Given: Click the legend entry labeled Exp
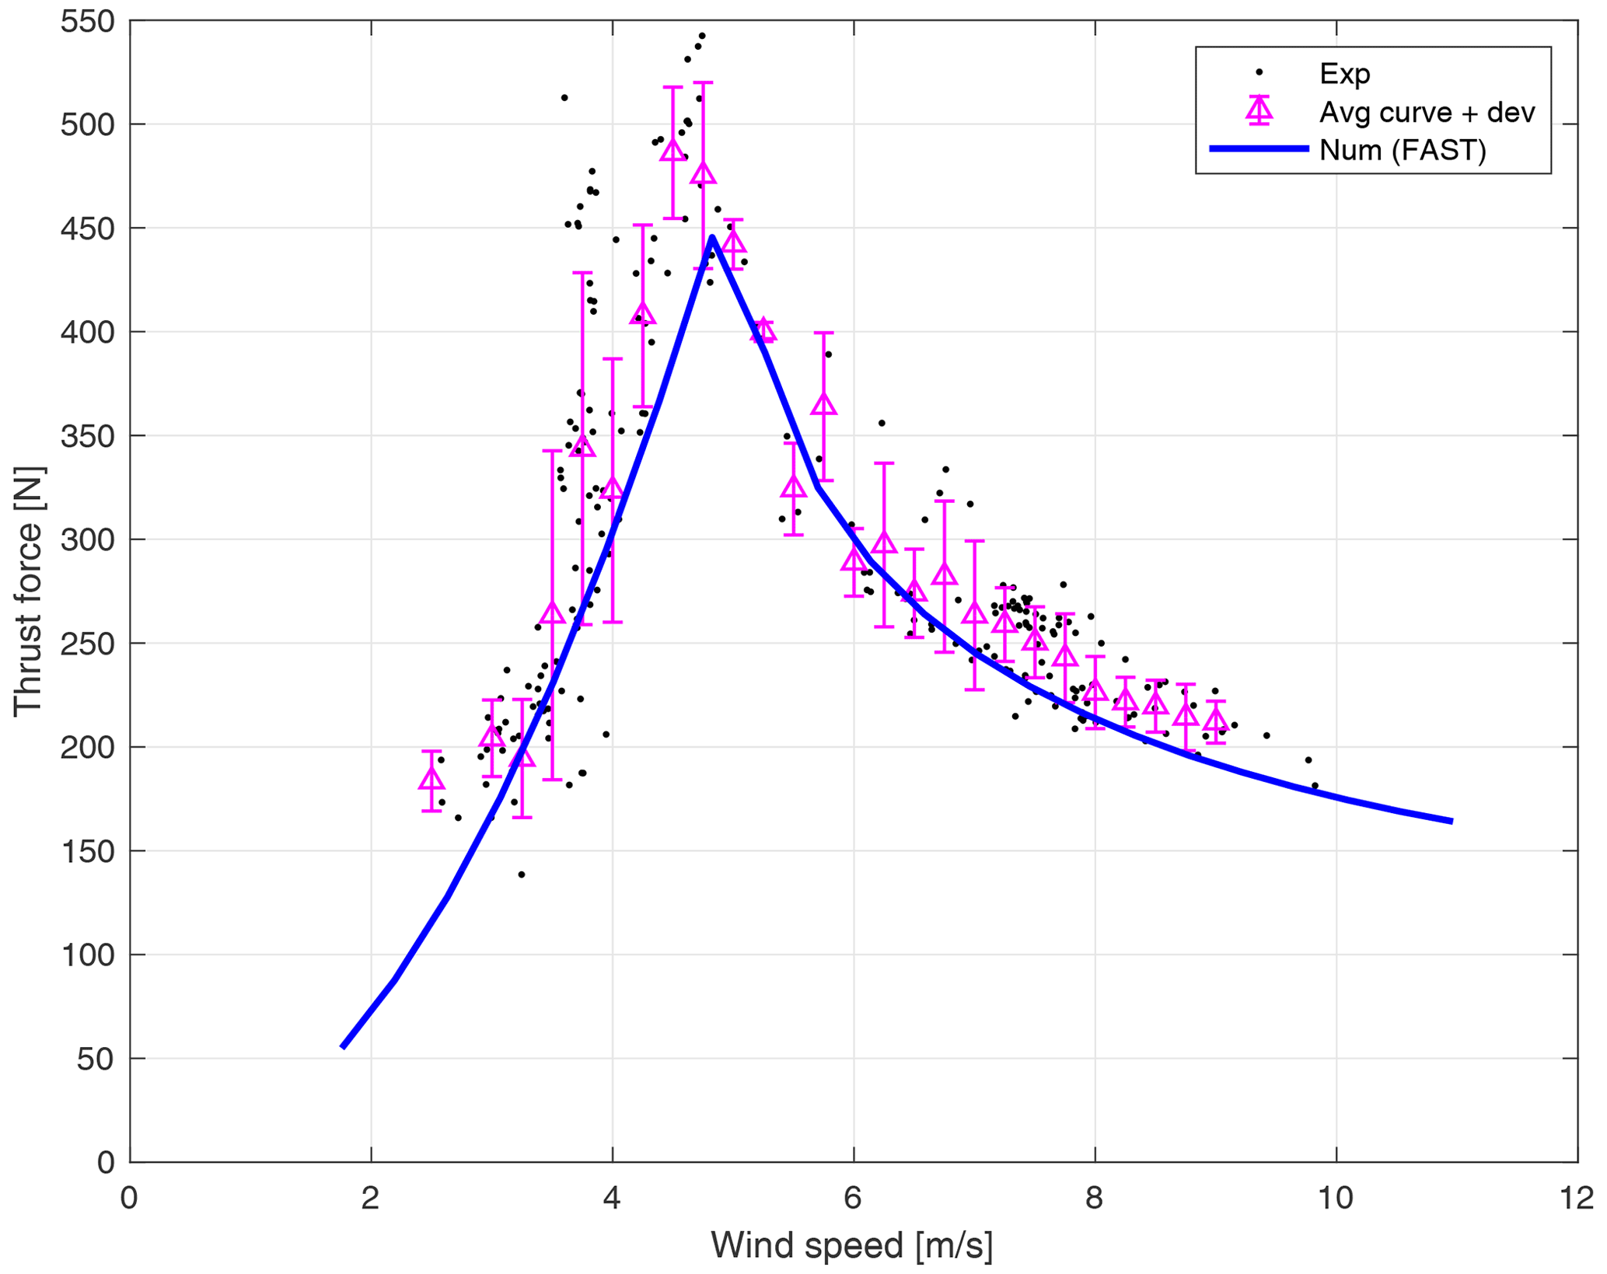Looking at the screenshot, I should (1344, 74).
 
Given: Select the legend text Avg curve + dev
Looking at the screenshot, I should (1427, 113).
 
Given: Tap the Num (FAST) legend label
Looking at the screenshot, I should (1402, 150).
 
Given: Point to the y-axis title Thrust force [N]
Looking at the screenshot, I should (29, 591).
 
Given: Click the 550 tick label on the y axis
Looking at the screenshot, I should (87, 21).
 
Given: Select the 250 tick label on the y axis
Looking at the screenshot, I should (87, 644).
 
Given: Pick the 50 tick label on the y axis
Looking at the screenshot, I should (95, 1059).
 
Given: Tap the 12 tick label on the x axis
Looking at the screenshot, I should (1577, 1198).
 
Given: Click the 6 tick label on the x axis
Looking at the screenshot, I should (853, 1198).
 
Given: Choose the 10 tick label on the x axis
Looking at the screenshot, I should (1336, 1198).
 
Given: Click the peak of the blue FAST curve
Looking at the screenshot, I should (712, 238).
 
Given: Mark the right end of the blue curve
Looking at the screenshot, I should (1452, 821).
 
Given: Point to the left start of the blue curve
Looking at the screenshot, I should (343, 1047).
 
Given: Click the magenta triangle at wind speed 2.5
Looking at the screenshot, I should (431, 779).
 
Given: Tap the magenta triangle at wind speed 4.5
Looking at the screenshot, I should (672, 150).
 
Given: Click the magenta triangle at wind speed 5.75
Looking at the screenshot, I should (823, 404).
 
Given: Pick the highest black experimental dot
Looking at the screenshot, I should (702, 36).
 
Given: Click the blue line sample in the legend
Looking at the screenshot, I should (1259, 148).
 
